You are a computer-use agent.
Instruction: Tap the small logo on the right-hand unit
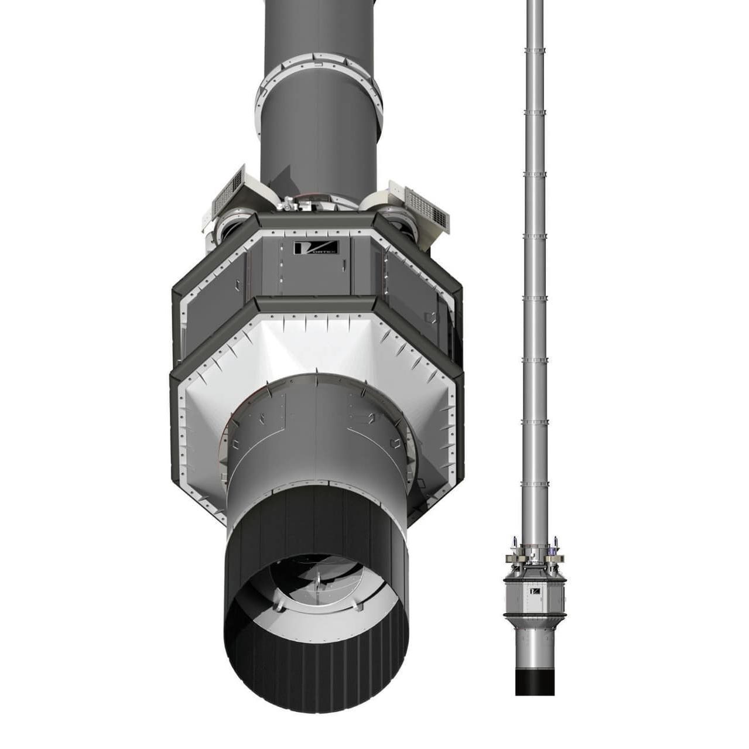click(x=534, y=591)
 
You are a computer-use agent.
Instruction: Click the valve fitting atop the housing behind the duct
click(x=289, y=204)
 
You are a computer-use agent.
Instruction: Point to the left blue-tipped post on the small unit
click(x=514, y=540)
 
